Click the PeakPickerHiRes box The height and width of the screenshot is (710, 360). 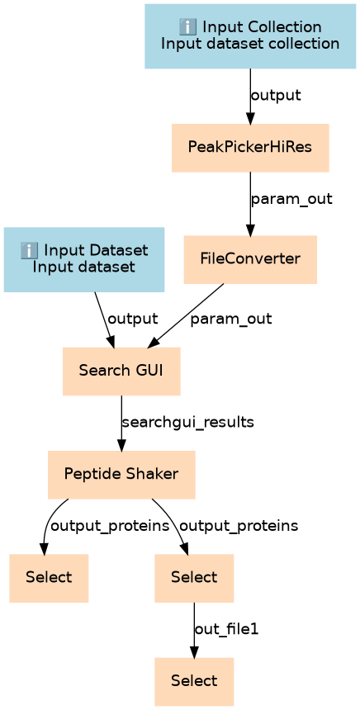coord(250,148)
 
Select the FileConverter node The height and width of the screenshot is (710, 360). coord(250,259)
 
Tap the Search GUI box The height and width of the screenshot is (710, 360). coord(121,372)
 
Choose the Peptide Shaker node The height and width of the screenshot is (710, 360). coord(121,475)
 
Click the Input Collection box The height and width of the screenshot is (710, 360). coord(250,35)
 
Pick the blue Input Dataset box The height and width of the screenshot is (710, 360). coord(83,259)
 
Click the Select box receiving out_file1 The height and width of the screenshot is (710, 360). coord(194,681)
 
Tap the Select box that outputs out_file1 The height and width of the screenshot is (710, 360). coord(194,578)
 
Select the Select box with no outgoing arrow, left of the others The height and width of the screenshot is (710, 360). coord(49,578)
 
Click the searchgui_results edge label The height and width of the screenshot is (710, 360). coord(188,423)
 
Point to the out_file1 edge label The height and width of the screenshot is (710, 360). coord(226,629)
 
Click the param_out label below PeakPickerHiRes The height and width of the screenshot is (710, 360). coord(291,199)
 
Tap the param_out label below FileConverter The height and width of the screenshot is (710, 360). coord(231,319)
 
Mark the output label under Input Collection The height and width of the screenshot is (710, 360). coord(276,96)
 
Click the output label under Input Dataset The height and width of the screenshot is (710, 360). coord(133,319)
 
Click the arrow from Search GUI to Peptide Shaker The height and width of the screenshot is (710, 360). coord(121,423)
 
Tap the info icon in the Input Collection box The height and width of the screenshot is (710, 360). coord(187,28)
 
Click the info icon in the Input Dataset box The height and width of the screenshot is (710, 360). coord(29,250)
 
